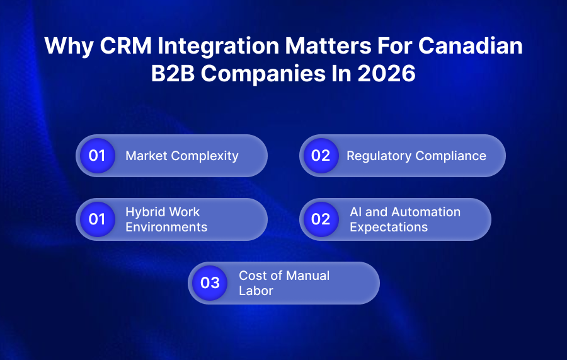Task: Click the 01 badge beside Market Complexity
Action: (97, 156)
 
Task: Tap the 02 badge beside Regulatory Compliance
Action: (321, 156)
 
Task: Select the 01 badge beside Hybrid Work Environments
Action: (97, 219)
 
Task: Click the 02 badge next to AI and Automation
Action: (321, 219)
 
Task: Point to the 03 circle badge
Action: (209, 283)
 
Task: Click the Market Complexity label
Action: (182, 156)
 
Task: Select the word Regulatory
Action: (376, 156)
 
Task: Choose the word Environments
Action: (166, 227)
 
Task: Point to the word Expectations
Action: (389, 227)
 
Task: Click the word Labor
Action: (256, 291)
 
